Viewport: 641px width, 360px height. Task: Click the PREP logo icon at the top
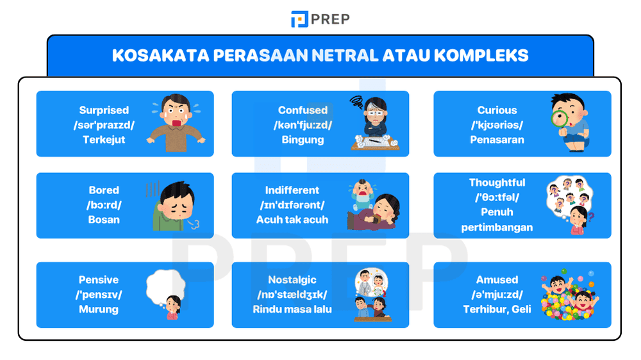[x=299, y=19]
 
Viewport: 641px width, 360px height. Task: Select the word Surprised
[x=104, y=110]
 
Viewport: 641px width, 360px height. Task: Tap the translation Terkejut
[x=104, y=140]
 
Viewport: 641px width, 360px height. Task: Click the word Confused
[x=303, y=110]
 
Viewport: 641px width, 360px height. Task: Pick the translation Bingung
[x=303, y=140]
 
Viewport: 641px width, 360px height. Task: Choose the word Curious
[x=497, y=110]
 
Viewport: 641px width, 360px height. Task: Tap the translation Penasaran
[x=497, y=140]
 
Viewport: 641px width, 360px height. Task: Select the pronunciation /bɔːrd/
[x=104, y=205]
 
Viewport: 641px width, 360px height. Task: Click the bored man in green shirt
[x=171, y=206]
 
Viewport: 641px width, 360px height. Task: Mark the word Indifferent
[x=292, y=190]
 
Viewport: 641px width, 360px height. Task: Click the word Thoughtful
[x=497, y=183]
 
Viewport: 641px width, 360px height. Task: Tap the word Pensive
[x=100, y=280]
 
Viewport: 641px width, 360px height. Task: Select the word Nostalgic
[x=292, y=280]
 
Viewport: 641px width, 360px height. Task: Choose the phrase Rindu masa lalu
[x=292, y=309]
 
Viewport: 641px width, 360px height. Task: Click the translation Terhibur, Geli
[x=497, y=309]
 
